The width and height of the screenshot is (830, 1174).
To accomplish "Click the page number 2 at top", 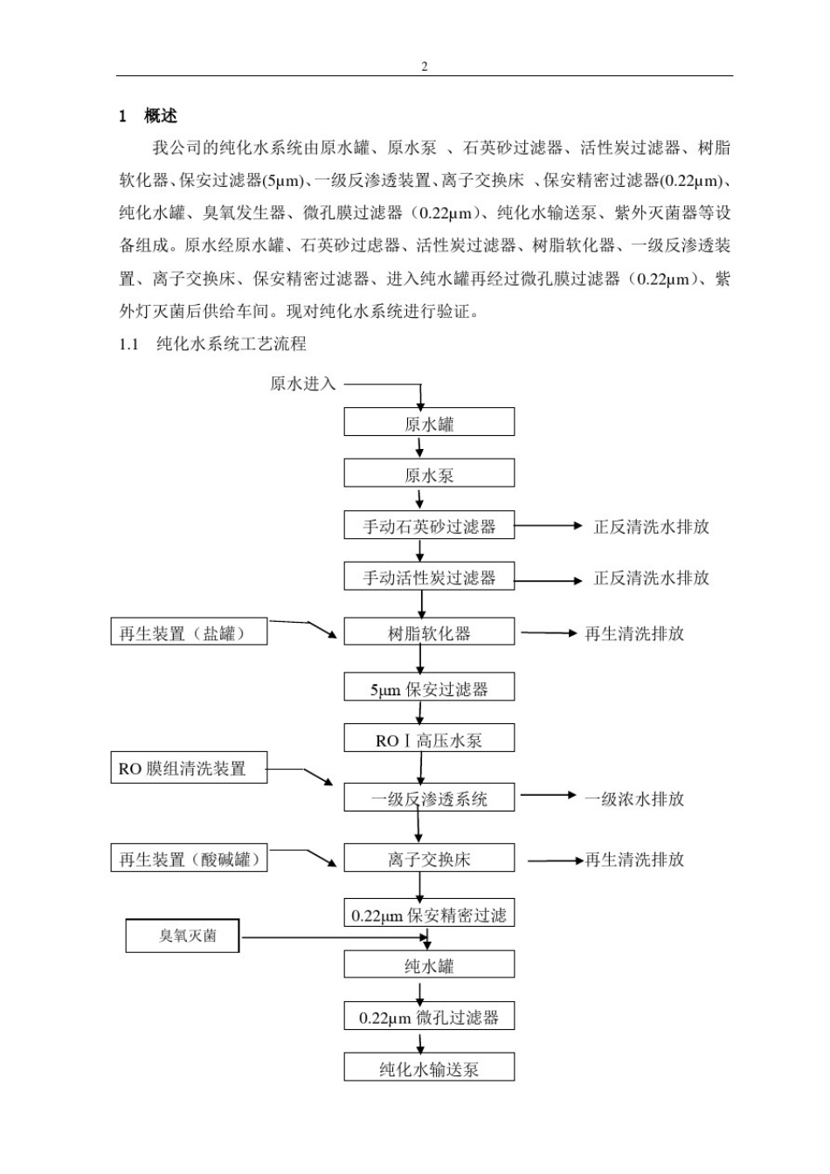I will point(425,66).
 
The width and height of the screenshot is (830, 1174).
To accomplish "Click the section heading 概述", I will point(160,116).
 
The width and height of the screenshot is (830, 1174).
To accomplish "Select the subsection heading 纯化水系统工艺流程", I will point(231,344).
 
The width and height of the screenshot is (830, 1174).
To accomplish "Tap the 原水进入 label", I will point(302,383).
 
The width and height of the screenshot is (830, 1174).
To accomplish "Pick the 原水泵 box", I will point(429,474).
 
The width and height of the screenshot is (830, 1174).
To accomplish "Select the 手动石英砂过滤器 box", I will point(429,526).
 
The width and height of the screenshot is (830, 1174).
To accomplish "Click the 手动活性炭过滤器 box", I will point(429,577).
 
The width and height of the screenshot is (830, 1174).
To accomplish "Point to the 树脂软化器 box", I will point(429,632).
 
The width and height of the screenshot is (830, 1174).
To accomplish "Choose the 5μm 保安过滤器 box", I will point(429,688).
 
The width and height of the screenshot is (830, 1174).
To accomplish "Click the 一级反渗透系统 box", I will point(429,798).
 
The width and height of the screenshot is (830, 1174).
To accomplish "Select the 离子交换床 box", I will point(429,859).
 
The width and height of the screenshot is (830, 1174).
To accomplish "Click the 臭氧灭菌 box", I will point(183,936).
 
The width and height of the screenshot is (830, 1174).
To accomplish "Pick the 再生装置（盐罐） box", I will point(189,632).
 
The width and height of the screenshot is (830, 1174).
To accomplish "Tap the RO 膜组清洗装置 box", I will point(189,769).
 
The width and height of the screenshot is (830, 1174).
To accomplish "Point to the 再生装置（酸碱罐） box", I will point(190,859).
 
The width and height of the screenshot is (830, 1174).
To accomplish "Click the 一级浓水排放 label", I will point(633,798).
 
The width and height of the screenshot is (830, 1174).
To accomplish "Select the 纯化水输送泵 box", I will point(429,1067).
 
